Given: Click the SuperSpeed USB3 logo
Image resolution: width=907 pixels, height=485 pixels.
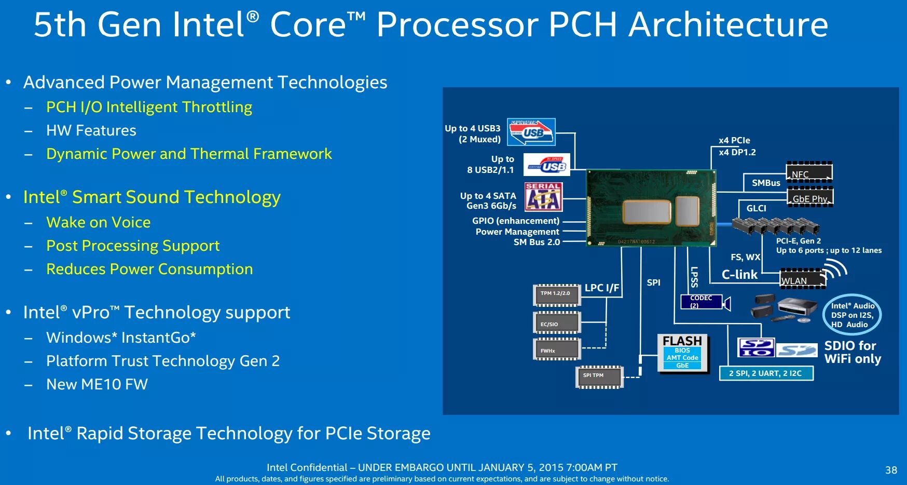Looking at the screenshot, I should (531, 132).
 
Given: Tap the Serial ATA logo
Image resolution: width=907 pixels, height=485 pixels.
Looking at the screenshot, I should (543, 197).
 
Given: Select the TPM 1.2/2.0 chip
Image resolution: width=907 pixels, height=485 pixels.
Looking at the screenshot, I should (557, 295).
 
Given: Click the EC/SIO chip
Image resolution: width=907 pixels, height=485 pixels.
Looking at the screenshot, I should (557, 323).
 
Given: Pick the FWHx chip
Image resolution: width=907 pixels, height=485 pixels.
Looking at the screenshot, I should (557, 349).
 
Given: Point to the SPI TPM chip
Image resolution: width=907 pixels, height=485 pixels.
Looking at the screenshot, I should (599, 377).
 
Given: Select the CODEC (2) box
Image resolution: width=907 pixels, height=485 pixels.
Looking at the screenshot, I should (701, 302).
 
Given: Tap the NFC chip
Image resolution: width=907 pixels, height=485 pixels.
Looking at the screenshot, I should (809, 172).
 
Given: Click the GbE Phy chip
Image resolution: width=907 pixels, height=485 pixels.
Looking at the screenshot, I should (810, 197).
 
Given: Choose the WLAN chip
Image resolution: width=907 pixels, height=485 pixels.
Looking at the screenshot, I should (802, 279).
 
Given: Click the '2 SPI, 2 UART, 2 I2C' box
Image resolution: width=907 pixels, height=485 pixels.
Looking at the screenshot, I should (765, 373).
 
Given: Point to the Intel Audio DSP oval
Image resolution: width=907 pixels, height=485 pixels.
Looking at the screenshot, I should (852, 315).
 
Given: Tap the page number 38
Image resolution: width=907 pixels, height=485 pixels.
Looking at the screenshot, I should (891, 470).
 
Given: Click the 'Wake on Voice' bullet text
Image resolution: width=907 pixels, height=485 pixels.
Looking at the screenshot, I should (98, 222).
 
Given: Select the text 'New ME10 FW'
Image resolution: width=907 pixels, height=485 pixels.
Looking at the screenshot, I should (97, 384).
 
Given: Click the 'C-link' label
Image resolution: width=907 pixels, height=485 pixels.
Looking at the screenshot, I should (739, 275).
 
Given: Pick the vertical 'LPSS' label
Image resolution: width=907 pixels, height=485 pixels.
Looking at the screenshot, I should (694, 277).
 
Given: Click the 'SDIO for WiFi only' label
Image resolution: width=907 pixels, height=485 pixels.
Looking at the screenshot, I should (852, 352).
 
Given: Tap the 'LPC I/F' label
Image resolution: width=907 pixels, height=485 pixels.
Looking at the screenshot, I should (602, 288).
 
